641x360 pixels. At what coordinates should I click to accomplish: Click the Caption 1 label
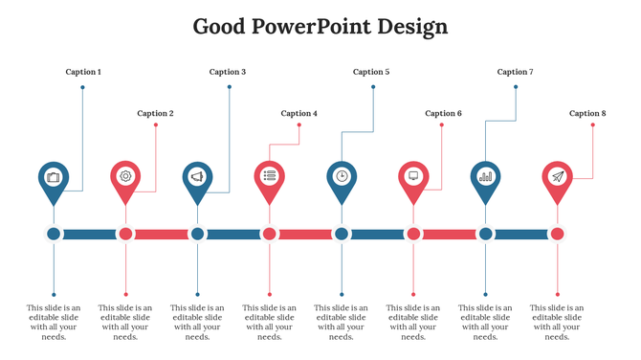click(x=82, y=72)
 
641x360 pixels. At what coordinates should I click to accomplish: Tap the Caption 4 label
click(x=298, y=113)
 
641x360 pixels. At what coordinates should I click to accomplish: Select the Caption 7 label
click(x=516, y=72)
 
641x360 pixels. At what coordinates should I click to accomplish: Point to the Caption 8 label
click(x=587, y=113)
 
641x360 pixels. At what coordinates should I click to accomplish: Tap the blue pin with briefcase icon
click(x=54, y=178)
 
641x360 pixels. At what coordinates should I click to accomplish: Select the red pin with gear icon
click(x=125, y=178)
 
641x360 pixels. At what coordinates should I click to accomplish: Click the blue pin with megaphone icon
click(x=197, y=178)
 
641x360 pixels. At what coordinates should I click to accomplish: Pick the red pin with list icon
click(x=270, y=178)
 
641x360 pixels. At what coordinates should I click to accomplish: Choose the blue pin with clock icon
click(x=342, y=178)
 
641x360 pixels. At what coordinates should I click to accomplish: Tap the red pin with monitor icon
click(x=413, y=178)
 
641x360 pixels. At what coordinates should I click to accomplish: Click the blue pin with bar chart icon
click(x=485, y=178)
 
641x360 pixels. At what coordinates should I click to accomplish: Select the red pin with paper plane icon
click(x=558, y=178)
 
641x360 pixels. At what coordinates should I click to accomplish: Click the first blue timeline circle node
click(x=54, y=234)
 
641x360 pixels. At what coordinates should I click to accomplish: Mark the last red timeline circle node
click(x=558, y=234)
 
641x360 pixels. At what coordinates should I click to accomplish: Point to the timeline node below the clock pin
click(x=342, y=234)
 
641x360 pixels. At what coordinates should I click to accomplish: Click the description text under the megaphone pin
click(x=197, y=322)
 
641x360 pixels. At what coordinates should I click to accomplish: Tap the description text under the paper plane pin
click(x=558, y=322)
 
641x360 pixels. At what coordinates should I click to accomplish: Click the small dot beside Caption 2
click(x=155, y=124)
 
